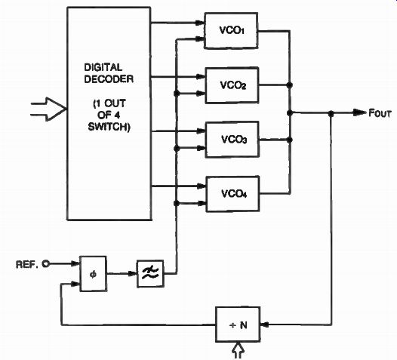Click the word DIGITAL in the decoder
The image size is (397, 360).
[x=103, y=67]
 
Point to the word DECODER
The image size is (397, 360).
[x=109, y=79]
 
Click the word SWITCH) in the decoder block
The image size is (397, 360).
[x=109, y=127]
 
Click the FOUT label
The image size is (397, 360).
[x=380, y=113]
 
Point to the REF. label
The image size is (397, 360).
[x=27, y=265]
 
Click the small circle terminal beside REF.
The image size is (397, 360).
[x=45, y=264]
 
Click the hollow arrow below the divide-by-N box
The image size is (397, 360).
[x=238, y=350]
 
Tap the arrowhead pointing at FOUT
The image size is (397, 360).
[x=360, y=112]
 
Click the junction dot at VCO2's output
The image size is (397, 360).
[x=290, y=85]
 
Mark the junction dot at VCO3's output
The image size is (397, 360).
[x=290, y=140]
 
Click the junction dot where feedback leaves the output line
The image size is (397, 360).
[x=331, y=114]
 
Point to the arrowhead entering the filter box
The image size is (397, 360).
[x=132, y=274]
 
